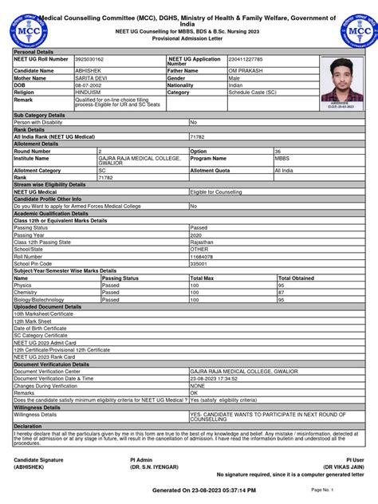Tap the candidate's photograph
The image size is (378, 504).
tap(341, 81)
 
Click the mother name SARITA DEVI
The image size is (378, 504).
tap(89, 78)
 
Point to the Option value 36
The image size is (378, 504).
tap(278, 151)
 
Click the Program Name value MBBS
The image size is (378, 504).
tap(282, 158)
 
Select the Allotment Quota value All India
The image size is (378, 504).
tap(284, 171)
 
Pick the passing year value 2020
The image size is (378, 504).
tap(196, 235)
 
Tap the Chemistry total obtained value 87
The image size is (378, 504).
tap(282, 292)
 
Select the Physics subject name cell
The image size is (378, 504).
tap(23, 285)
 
